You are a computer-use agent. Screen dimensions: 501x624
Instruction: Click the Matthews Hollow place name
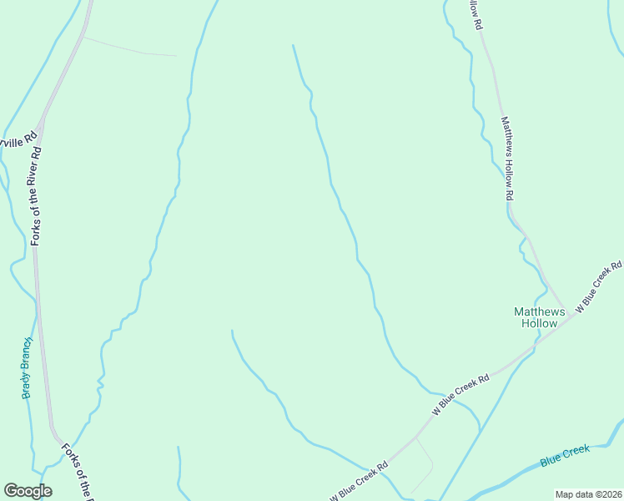(539, 317)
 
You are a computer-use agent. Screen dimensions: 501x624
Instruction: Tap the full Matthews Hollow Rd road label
(506, 159)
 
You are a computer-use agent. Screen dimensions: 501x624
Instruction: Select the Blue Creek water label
(564, 456)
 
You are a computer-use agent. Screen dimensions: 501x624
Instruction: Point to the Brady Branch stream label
(27, 367)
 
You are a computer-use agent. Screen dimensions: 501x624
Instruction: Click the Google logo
(28, 491)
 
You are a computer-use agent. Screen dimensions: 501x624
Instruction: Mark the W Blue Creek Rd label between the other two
(460, 395)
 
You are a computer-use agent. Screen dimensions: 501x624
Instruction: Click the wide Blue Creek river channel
(509, 473)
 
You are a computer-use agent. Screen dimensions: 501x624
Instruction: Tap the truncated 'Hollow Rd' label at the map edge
(476, 14)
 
